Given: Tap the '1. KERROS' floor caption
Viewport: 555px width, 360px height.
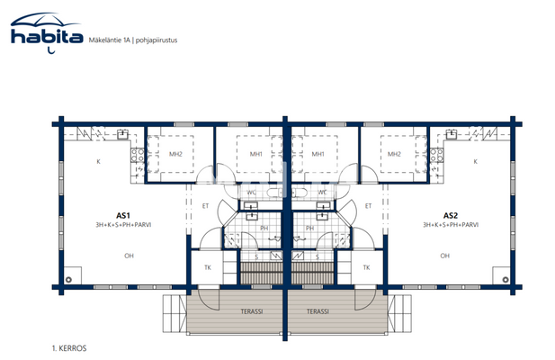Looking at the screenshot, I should click(x=70, y=346).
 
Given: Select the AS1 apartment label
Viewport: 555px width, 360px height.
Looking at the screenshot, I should click(x=123, y=215).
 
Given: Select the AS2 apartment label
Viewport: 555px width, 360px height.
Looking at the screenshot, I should click(x=450, y=215).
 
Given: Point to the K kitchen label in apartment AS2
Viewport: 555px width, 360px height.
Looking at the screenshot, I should click(x=475, y=161).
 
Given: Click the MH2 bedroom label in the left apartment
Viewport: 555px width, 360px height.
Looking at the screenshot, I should click(x=175, y=153).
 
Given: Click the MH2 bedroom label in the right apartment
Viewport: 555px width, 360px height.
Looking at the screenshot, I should click(x=393, y=153).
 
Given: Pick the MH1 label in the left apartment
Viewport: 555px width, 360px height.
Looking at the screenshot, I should click(x=256, y=153).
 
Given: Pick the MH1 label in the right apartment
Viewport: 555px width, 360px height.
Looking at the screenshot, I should click(x=317, y=153).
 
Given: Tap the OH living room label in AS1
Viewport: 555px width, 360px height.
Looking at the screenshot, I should click(x=129, y=256).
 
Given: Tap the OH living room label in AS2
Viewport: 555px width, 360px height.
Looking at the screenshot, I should click(x=444, y=256).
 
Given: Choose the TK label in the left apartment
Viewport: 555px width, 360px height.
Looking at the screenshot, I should click(x=207, y=268).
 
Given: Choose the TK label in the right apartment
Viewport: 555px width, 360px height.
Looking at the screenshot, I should click(x=366, y=268).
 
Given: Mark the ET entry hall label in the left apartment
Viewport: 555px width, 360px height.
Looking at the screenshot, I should click(x=205, y=206).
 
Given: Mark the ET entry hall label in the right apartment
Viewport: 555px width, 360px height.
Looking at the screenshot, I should click(x=368, y=206).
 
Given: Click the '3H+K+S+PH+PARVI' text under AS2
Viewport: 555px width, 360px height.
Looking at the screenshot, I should click(x=450, y=225).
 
